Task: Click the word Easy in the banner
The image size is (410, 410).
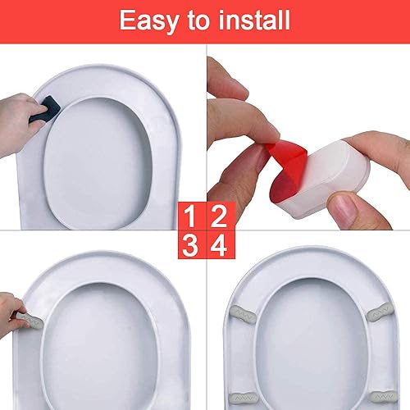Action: [149, 21]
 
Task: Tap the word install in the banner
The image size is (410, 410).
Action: [254, 20]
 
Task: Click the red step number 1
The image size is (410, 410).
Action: [192, 216]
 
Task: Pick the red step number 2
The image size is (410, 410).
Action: [221, 216]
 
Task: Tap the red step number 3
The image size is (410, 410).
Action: [192, 245]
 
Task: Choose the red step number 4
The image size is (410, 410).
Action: [221, 245]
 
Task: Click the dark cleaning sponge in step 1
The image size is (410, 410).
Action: [46, 108]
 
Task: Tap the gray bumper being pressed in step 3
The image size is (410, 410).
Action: [30, 321]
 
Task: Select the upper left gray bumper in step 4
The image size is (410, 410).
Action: [243, 314]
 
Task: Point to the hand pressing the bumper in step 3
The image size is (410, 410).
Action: [12, 314]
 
